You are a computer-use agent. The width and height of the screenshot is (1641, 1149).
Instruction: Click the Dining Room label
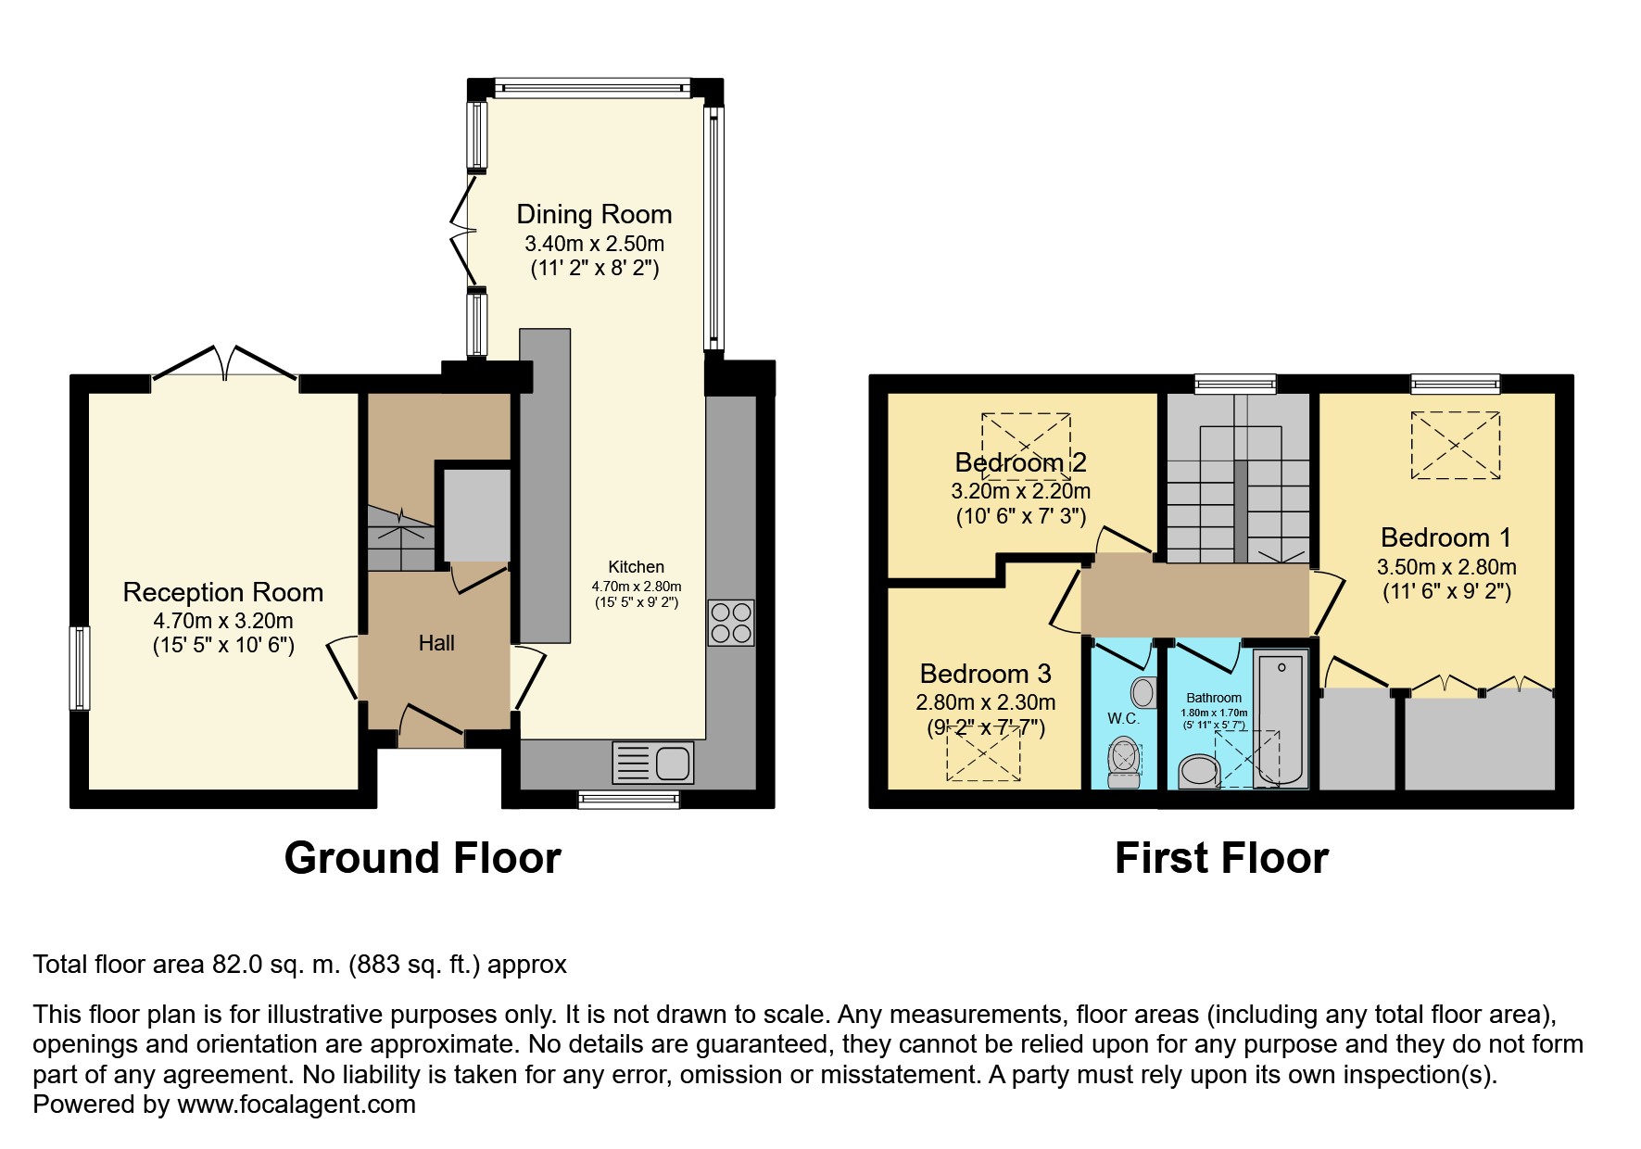(594, 214)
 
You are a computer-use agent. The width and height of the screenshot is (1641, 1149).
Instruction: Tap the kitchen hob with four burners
(731, 623)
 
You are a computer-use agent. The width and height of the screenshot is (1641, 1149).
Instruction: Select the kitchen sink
(652, 764)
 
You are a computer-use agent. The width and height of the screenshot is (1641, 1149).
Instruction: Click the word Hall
(436, 643)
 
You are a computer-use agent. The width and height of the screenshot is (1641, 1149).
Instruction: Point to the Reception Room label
(223, 592)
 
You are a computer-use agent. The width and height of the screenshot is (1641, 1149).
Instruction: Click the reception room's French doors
(224, 363)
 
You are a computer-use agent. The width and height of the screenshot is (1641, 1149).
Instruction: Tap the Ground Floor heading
(423, 858)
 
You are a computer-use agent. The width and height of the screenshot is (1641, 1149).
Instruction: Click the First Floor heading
(1221, 858)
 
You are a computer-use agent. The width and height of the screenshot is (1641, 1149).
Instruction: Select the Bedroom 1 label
(1445, 537)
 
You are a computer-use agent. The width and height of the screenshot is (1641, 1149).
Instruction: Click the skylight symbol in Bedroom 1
(1455, 446)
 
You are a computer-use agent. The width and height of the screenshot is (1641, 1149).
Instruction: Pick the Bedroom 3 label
(985, 674)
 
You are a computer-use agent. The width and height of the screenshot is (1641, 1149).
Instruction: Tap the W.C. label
(1123, 718)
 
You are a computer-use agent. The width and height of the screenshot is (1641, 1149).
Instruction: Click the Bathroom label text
(1214, 698)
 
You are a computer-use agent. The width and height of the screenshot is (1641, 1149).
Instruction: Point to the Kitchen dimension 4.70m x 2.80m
(637, 587)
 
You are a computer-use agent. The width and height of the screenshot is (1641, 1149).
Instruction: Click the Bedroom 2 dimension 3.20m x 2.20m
(1020, 491)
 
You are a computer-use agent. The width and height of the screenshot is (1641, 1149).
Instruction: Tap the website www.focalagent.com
(297, 1105)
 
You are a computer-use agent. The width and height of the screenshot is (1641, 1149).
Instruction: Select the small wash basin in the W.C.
(1144, 692)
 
